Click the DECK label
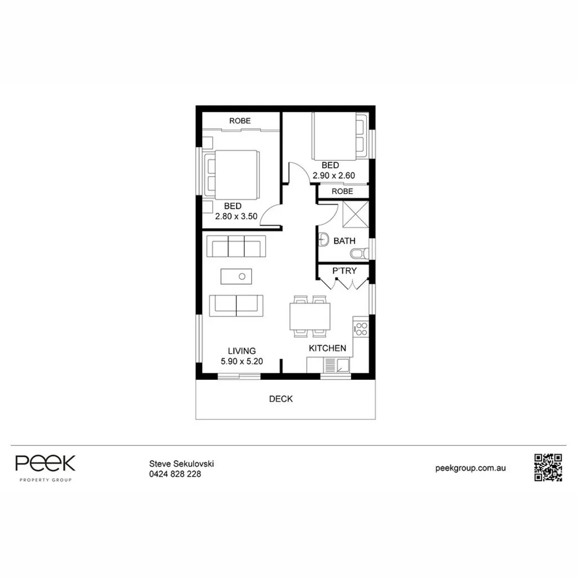(281, 399)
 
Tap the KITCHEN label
(327, 348)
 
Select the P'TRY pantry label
(345, 271)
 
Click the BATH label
(345, 241)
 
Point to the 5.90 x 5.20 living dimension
(242, 361)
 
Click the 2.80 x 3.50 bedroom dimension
(236, 216)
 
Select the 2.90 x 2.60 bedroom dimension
(334, 176)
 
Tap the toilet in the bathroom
(360, 253)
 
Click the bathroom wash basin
(323, 239)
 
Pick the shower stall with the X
(355, 214)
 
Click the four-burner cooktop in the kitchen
(361, 329)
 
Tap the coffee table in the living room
(236, 276)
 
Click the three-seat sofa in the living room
(236, 246)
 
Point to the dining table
(310, 316)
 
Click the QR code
(548, 467)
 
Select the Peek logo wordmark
(45, 463)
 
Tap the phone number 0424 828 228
(175, 474)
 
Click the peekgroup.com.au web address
(470, 468)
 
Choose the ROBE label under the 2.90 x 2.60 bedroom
(342, 191)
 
